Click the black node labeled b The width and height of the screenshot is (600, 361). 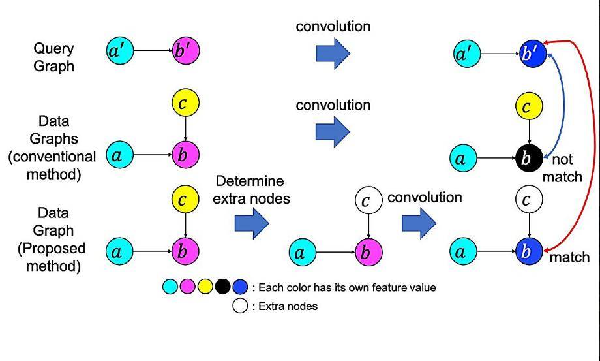click(529, 158)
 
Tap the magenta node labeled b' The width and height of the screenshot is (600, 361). click(185, 50)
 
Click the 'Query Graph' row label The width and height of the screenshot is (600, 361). click(53, 57)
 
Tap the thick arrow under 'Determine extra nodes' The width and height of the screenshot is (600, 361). click(252, 223)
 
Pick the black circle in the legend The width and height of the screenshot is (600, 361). click(222, 287)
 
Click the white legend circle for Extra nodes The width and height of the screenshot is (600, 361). click(240, 306)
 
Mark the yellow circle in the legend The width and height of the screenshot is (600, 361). click(205, 287)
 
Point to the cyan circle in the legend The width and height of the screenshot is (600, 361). click(170, 287)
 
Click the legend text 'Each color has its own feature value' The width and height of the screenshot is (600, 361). click(347, 287)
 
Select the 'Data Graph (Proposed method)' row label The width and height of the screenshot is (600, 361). click(53, 240)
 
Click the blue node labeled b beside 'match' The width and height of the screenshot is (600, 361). click(529, 251)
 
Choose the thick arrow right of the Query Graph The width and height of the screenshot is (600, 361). click(333, 54)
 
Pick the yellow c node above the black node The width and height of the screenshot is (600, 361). click(529, 106)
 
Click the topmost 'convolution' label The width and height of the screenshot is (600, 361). click(333, 26)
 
